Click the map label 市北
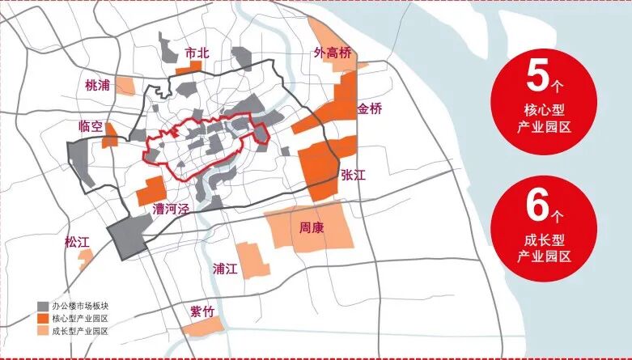(197, 53)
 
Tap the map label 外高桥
(333, 53)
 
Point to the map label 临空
(91, 126)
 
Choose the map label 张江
(354, 175)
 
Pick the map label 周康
(312, 228)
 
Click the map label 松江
(78, 242)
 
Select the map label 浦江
(224, 269)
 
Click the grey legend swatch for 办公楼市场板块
(42, 307)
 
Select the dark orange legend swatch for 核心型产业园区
(42, 319)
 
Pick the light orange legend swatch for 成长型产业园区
(42, 331)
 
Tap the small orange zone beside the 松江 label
(85, 257)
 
